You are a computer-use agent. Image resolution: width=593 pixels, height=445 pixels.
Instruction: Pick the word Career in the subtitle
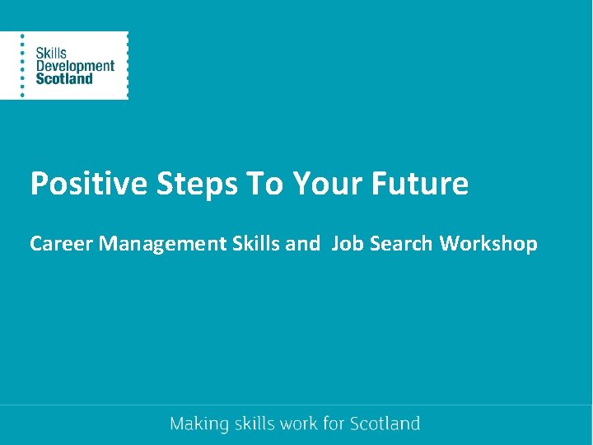pyautogui.click(x=62, y=244)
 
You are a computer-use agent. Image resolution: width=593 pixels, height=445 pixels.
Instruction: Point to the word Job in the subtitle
pyautogui.click(x=347, y=244)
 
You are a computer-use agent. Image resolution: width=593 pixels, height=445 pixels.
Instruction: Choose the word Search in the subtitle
pyautogui.click(x=401, y=244)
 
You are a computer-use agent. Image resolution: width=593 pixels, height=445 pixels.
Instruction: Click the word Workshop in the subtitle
pyautogui.click(x=488, y=244)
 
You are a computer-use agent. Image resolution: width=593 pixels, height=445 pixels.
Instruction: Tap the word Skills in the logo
pyautogui.click(x=51, y=53)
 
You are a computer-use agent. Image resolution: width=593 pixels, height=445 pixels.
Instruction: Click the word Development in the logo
pyautogui.click(x=75, y=66)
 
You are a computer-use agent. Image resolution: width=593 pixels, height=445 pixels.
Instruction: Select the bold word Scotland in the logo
pyautogui.click(x=64, y=79)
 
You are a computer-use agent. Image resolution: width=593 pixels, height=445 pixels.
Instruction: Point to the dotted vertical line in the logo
pyautogui.click(x=22, y=66)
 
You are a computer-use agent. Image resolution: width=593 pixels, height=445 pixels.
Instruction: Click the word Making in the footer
pyautogui.click(x=198, y=424)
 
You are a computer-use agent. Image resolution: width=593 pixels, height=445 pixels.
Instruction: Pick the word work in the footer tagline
pyautogui.click(x=300, y=424)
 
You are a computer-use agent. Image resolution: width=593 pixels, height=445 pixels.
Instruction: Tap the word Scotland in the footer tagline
pyautogui.click(x=385, y=424)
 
